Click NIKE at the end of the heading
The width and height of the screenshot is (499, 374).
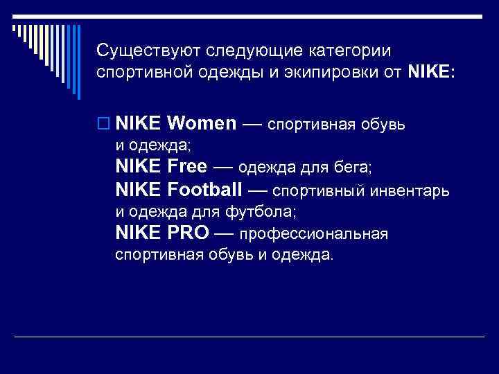tap(430, 72)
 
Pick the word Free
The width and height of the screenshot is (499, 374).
tap(187, 166)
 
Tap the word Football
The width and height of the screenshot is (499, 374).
tap(205, 188)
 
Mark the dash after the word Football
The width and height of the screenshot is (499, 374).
tap(259, 189)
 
